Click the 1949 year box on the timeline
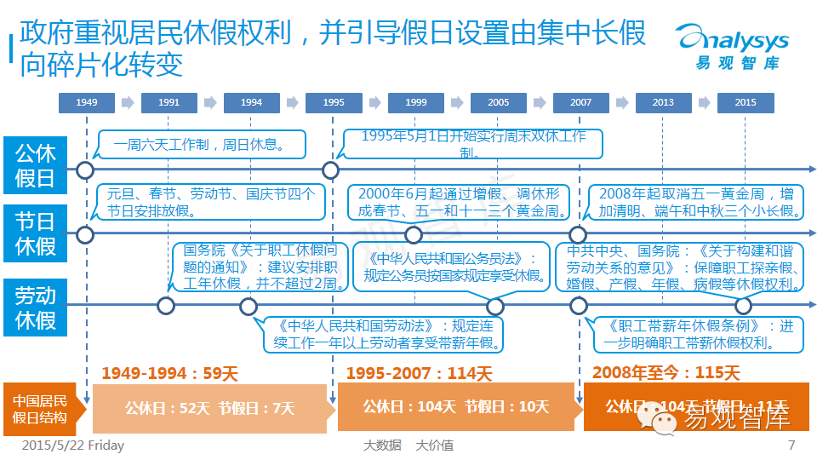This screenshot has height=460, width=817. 86,103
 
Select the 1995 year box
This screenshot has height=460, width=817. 334,103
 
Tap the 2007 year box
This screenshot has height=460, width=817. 581,103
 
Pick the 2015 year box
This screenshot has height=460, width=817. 746,103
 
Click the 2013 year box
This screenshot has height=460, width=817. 663,103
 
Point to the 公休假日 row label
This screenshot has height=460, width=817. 35,165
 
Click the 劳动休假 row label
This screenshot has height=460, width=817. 35,308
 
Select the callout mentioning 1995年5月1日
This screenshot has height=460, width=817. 473,144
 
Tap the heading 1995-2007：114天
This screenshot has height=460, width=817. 419,373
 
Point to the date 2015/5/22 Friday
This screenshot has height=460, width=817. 72,446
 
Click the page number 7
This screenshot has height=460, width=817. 791,446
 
